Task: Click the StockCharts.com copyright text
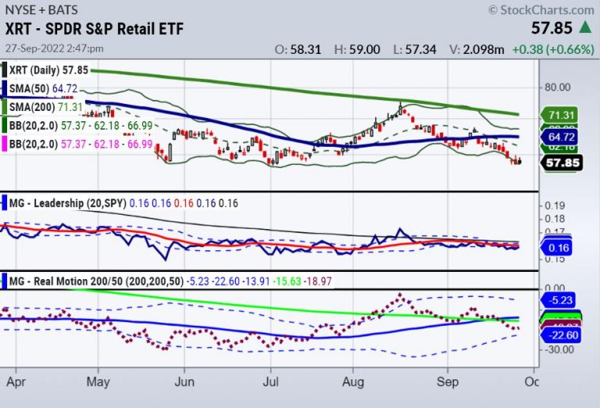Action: coord(541,9)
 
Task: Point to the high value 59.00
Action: coord(366,48)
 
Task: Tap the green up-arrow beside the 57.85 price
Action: coord(584,27)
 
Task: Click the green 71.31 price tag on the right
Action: coord(559,115)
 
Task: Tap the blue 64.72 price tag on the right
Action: coord(559,136)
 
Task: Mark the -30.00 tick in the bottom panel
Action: coord(560,350)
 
